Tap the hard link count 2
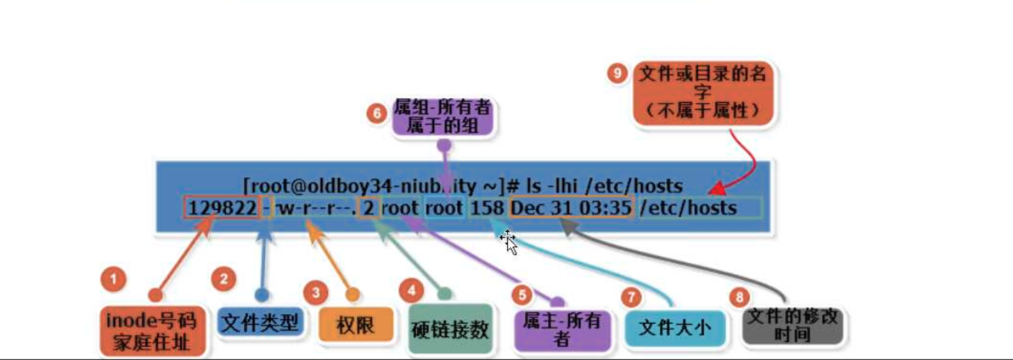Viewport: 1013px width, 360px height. click(368, 208)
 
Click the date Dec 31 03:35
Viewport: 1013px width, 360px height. click(571, 208)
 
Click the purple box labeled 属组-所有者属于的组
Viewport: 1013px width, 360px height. click(442, 115)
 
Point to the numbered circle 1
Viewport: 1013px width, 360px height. click(113, 281)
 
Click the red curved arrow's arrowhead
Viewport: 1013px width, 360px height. click(715, 188)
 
